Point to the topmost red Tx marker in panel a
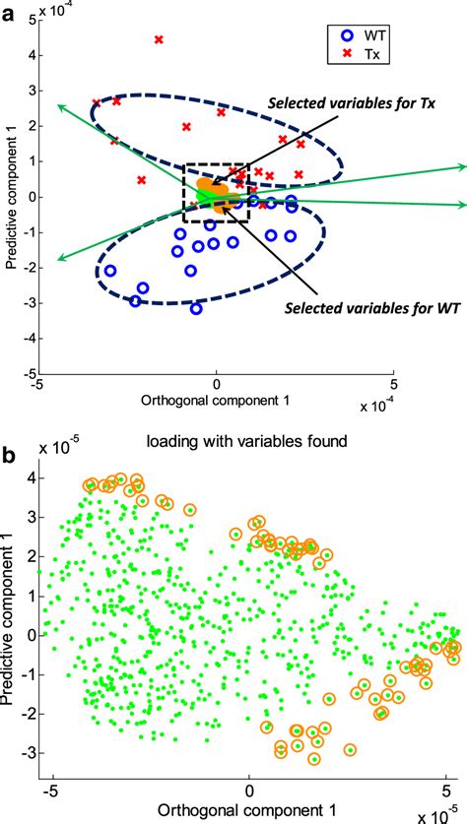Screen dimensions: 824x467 click(x=160, y=40)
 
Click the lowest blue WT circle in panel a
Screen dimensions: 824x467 click(x=196, y=308)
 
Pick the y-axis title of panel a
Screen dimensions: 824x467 click(x=9, y=197)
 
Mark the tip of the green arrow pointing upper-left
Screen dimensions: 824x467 click(x=57, y=103)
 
